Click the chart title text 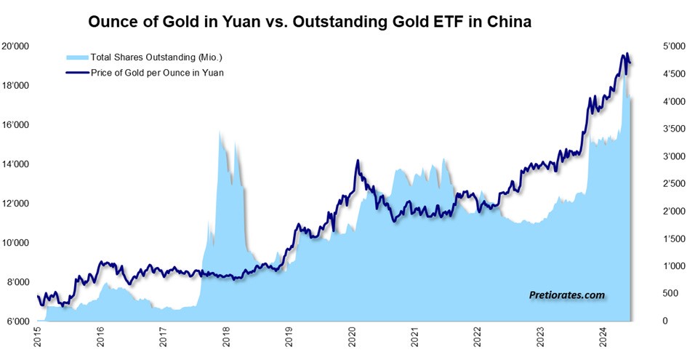(x=310, y=23)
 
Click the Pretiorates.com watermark (x=566, y=295)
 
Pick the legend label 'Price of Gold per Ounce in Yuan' (x=156, y=72)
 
